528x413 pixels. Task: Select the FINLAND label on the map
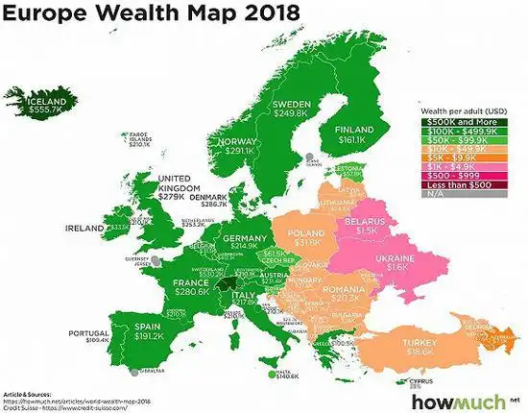[x=352, y=128]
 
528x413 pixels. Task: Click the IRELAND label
[x=85, y=229]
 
